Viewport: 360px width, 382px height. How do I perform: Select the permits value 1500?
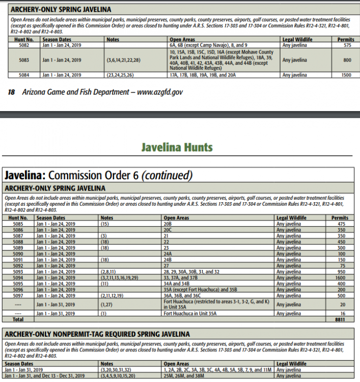point(346,75)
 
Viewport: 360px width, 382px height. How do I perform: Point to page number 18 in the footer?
point(12,92)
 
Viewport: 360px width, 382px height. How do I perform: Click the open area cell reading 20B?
point(167,223)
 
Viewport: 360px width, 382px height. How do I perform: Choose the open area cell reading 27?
point(166,265)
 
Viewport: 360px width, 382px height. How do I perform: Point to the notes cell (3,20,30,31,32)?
point(117,370)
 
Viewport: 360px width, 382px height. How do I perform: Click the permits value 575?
point(346,45)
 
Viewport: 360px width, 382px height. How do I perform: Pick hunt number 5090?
point(18,254)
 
